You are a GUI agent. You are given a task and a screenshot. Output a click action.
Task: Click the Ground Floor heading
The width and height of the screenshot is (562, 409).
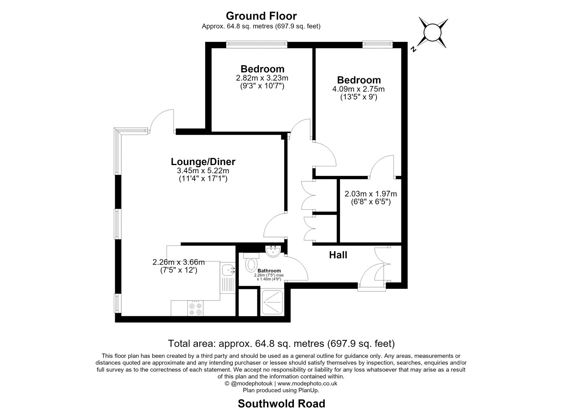[261, 16]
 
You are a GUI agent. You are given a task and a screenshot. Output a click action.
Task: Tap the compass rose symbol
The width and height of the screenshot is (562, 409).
[432, 33]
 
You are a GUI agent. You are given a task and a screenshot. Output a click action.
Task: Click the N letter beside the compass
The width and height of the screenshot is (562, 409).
[413, 49]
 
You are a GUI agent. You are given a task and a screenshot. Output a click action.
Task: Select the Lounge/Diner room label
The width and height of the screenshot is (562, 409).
[203, 162]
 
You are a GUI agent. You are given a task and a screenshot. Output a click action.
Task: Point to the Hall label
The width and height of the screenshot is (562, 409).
[338, 255]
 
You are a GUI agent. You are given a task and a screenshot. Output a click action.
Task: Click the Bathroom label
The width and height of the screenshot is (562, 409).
[269, 271]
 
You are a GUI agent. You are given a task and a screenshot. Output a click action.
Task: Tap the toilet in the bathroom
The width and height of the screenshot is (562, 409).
[251, 262]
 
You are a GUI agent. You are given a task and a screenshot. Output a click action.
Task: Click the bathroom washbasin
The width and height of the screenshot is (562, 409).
[273, 252]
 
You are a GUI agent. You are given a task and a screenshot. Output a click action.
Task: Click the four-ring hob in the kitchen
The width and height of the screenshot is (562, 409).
[195, 309]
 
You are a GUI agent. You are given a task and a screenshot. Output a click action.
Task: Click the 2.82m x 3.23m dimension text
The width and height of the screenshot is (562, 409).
[262, 78]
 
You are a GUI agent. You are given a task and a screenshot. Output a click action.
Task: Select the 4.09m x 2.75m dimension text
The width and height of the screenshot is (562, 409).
[358, 89]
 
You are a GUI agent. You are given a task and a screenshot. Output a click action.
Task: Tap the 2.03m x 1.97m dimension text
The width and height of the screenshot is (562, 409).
[371, 194]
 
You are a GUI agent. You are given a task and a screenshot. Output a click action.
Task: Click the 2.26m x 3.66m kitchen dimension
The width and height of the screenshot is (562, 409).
[178, 262]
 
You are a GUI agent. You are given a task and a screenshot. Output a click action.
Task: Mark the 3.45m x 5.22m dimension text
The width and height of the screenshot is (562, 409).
[203, 171]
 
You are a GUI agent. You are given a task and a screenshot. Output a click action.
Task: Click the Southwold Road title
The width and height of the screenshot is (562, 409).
[281, 403]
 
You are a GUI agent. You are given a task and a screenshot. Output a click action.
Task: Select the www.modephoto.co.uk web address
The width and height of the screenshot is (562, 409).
[307, 383]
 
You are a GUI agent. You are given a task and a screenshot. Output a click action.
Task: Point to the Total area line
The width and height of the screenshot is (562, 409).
[281, 344]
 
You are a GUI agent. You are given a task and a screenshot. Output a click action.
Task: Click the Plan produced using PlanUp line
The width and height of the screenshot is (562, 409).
[281, 390]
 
